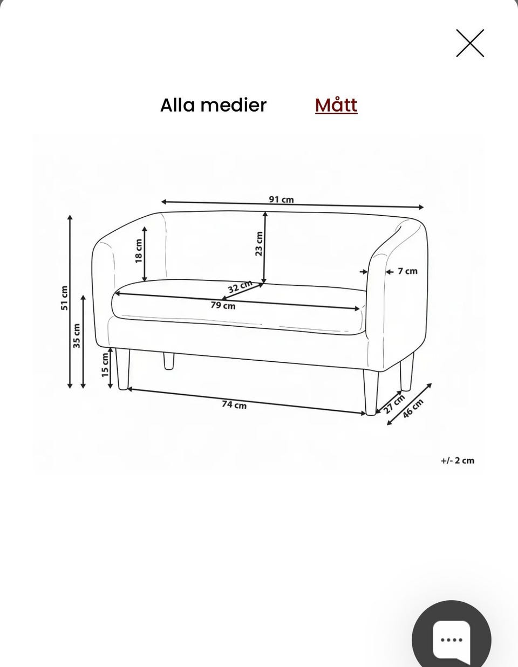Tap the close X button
point(470,43)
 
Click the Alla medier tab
point(213,105)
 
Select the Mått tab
point(336,105)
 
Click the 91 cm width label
point(281,200)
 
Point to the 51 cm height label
point(65,298)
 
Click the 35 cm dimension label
point(77,336)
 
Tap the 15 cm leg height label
point(105,365)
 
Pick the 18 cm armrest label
point(139,251)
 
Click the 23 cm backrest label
point(259,244)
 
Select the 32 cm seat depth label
point(240,287)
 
